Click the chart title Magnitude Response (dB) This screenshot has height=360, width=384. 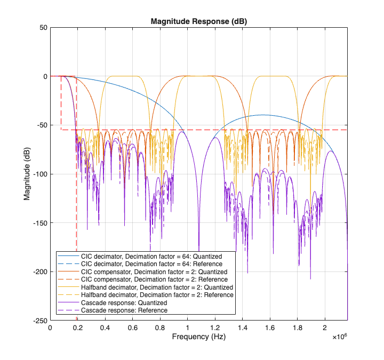click(x=198, y=21)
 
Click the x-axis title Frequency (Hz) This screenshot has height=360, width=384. click(x=198, y=337)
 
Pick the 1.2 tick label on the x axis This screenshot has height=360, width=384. click(x=214, y=328)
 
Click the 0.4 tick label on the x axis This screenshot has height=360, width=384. click(x=105, y=328)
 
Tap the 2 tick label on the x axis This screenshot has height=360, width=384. click(x=324, y=328)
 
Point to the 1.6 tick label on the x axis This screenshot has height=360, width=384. click(x=269, y=328)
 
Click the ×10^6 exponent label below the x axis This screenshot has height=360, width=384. click(x=339, y=338)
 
